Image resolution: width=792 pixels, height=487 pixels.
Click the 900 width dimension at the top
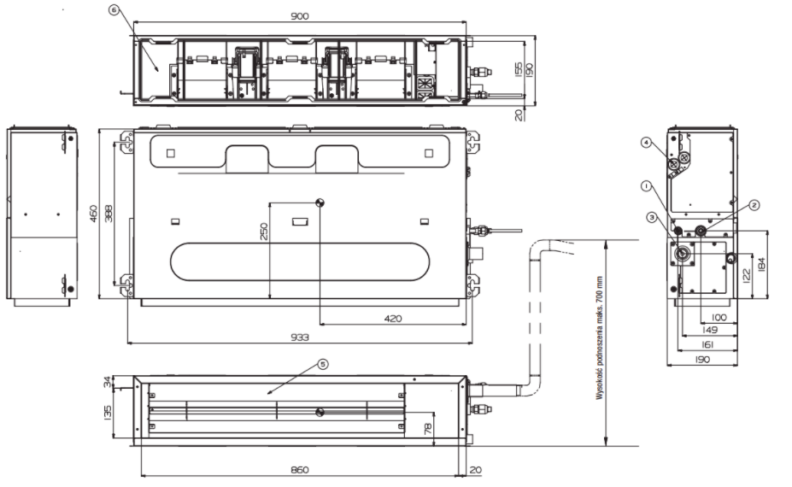point(300,16)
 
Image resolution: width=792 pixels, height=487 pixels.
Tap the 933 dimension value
point(300,337)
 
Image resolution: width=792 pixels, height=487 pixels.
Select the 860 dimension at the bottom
point(300,470)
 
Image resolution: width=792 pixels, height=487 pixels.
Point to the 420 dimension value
point(393,319)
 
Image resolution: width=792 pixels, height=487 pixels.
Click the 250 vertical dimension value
point(264,231)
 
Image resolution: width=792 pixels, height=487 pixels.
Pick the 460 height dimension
point(93,214)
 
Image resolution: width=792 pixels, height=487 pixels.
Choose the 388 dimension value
point(109,214)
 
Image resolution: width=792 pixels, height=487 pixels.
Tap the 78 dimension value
point(428,429)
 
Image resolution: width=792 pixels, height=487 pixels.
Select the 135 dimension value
point(107,412)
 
